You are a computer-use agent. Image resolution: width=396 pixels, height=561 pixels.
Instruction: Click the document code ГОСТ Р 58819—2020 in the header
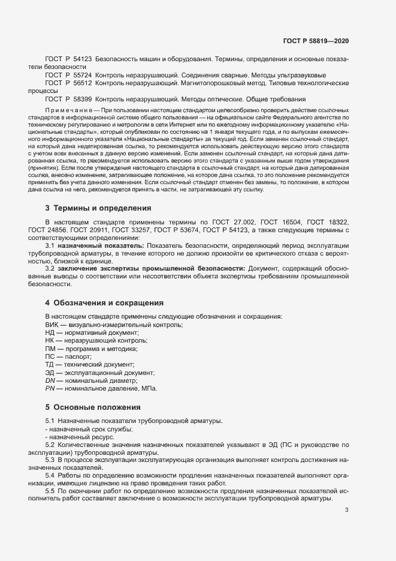click(315, 41)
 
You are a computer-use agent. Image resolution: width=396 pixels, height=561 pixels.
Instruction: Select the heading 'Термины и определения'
click(103, 208)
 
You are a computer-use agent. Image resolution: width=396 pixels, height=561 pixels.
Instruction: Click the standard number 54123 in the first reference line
click(82, 59)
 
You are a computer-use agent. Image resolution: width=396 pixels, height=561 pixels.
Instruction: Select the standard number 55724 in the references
click(82, 75)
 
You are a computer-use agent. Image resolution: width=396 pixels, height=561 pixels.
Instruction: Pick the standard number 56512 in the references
click(82, 83)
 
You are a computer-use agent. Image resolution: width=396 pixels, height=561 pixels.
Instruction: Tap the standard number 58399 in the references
click(82, 98)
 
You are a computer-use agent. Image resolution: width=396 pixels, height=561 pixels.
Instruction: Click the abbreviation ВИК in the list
click(53, 325)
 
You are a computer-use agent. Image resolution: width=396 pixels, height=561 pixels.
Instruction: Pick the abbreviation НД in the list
click(50, 332)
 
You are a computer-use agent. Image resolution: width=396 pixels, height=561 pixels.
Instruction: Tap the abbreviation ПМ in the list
click(50, 349)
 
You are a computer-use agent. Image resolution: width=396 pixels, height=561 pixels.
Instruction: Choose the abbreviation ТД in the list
click(50, 365)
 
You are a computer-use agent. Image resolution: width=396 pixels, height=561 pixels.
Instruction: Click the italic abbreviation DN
click(50, 381)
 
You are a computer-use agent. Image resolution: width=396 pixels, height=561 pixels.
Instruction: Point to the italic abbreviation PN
click(50, 389)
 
